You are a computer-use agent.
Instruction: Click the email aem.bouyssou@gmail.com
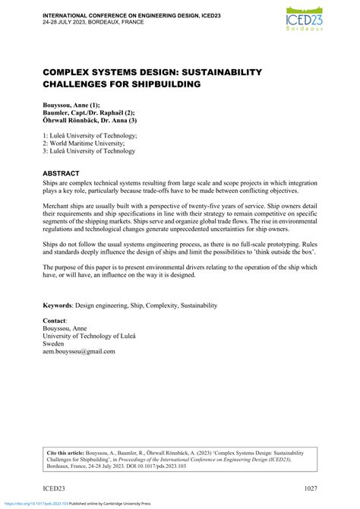[79, 351]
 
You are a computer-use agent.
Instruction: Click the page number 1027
[305, 487]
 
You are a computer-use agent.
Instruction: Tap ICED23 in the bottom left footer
[55, 487]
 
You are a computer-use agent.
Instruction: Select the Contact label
[55, 322]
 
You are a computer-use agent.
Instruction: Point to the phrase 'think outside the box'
[279, 251]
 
